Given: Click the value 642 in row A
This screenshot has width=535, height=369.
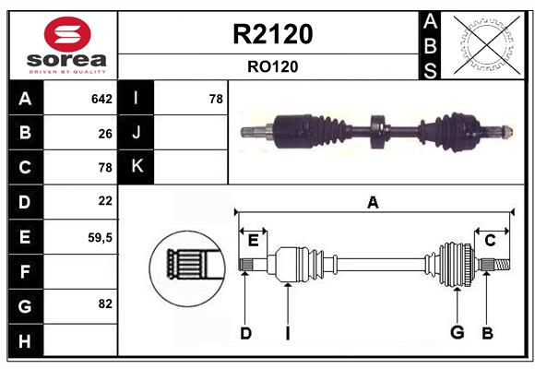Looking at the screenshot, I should tap(101, 99).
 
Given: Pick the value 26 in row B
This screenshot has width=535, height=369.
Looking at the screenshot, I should tap(105, 133).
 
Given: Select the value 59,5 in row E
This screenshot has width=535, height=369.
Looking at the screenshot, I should tap(101, 237).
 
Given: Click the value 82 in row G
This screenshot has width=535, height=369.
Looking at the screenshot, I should tap(105, 304).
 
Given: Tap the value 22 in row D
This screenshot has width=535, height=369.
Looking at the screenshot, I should tap(105, 200).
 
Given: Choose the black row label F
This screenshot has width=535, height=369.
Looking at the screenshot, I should tap(25, 271).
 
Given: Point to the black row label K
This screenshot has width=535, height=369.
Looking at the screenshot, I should tap(137, 167).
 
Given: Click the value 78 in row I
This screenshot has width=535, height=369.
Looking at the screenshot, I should tap(216, 99).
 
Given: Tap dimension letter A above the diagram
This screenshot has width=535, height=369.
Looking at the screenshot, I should tap(373, 202).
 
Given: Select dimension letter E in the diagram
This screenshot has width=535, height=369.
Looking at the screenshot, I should tap(253, 240).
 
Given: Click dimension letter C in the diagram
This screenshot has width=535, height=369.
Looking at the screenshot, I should tap(490, 240).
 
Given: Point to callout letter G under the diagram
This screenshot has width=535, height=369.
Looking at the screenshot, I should tap(457, 332).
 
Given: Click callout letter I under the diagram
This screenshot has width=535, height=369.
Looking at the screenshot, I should tap(287, 333).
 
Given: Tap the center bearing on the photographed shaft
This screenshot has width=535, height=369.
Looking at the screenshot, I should tap(376, 133).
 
